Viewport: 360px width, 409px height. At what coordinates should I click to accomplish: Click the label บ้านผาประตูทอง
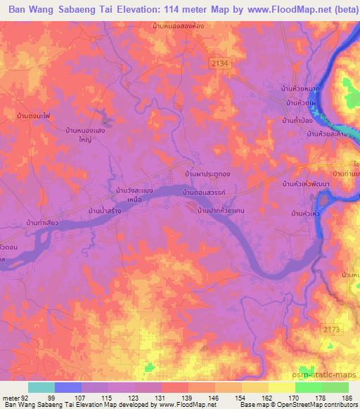[203, 173]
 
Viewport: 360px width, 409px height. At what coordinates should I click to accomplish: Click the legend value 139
[188, 397]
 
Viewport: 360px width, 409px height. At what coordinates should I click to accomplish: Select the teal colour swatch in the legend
[41, 387]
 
